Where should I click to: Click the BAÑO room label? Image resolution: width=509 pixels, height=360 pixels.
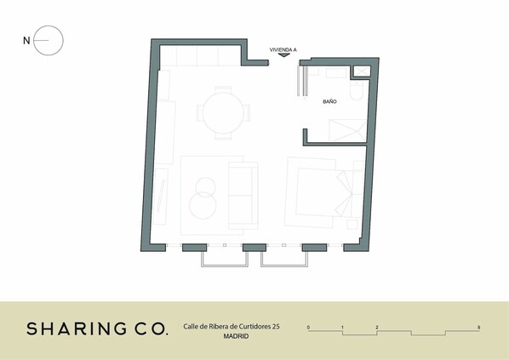(329, 101)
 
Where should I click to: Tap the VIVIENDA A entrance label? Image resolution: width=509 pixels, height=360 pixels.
(283, 49)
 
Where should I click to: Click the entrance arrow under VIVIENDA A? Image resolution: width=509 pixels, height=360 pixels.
(284, 55)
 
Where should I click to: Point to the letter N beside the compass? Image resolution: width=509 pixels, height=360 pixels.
(26, 41)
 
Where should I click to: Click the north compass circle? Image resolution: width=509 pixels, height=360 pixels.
(49, 26)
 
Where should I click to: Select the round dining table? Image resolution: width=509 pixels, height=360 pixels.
(223, 113)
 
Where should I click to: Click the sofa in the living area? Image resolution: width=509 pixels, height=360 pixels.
(243, 196)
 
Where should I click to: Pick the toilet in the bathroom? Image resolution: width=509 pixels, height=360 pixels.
(356, 90)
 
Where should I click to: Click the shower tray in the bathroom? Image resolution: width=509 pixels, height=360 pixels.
(347, 130)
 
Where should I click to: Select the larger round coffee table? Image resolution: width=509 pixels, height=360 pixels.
(203, 205)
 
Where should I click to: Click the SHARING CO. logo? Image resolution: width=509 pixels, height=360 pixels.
(97, 329)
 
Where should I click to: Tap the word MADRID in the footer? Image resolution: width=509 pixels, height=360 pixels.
(236, 336)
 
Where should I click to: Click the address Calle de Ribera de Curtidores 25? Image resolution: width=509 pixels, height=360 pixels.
(232, 326)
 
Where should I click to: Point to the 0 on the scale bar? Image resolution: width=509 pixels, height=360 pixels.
(308, 327)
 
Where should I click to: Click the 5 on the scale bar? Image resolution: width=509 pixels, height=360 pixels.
(478, 327)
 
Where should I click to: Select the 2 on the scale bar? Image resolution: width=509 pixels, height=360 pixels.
(377, 327)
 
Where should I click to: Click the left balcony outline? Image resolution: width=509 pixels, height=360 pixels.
(225, 266)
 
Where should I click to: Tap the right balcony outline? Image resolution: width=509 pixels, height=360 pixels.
(284, 266)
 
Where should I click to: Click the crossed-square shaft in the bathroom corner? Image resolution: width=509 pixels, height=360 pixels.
(362, 71)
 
